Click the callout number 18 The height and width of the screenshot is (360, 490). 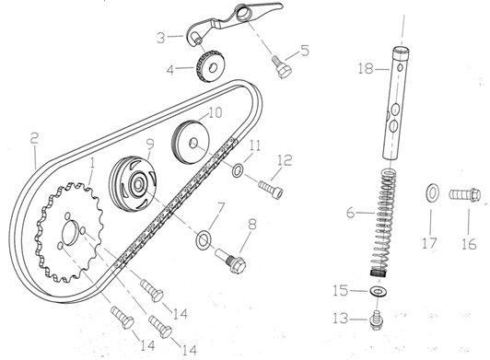pyautogui.click(x=366, y=69)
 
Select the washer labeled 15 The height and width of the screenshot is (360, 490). pyautogui.click(x=379, y=292)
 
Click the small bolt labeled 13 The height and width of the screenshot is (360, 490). pyautogui.click(x=376, y=320)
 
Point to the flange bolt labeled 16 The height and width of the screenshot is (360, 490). pyautogui.click(x=465, y=194)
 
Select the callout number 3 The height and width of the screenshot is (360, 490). pyautogui.click(x=160, y=38)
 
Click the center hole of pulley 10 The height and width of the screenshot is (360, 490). pyautogui.click(x=193, y=144)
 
